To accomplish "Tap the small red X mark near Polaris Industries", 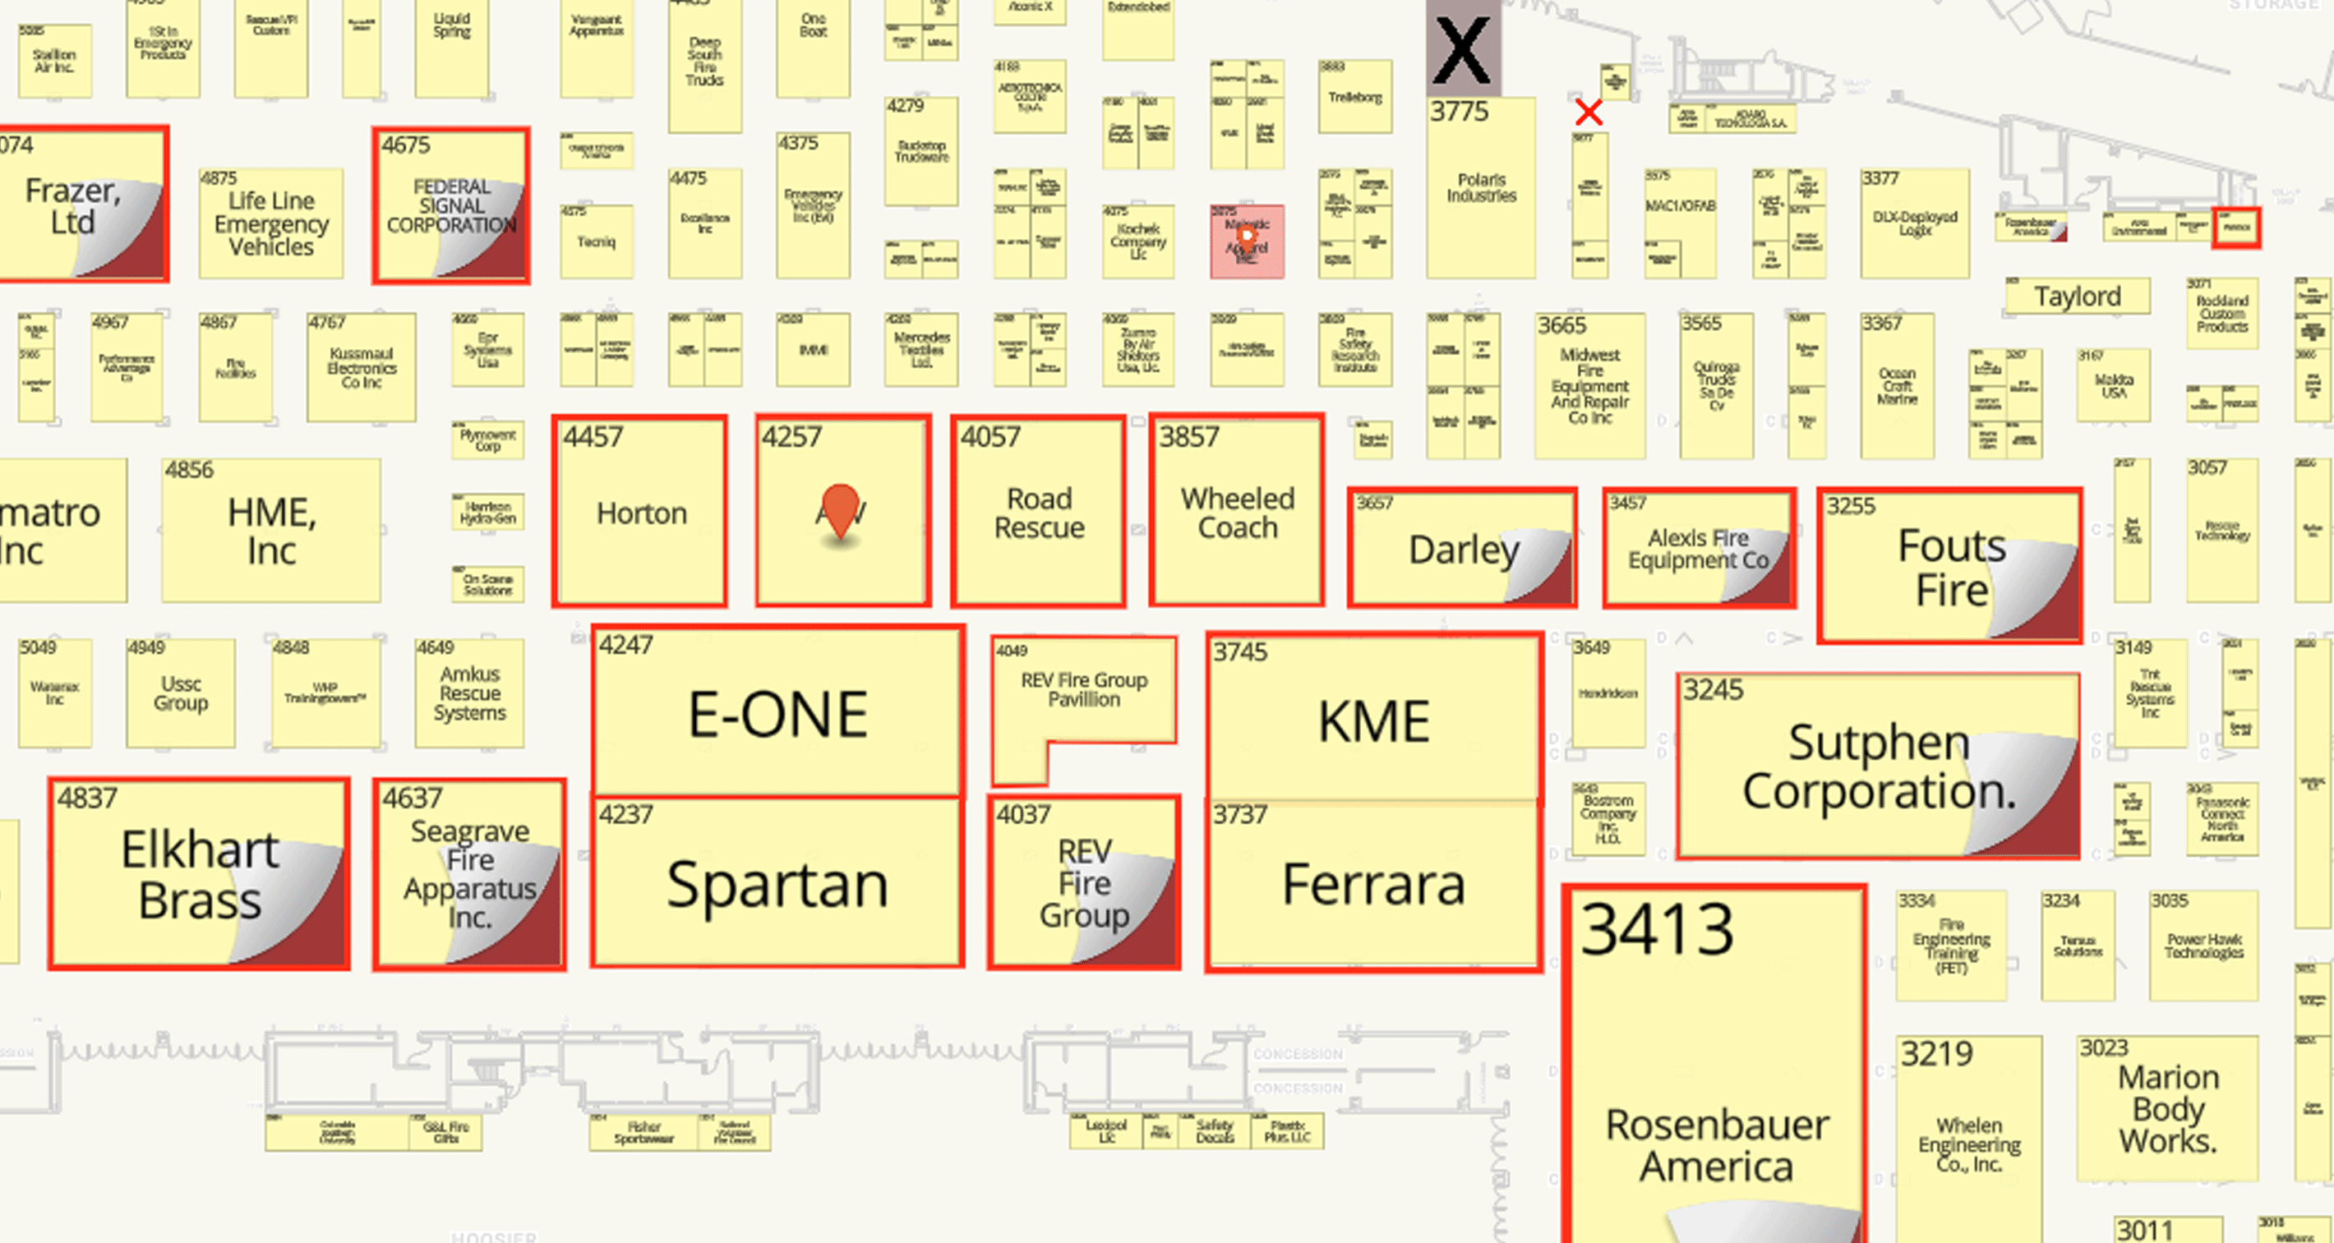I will (x=1589, y=113).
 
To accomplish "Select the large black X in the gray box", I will (x=1462, y=50).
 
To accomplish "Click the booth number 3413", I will (x=1657, y=928).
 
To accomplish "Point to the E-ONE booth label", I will (x=777, y=714).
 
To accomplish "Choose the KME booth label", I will (x=1373, y=722).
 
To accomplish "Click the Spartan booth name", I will (x=777, y=884).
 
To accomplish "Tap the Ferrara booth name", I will (x=1373, y=884).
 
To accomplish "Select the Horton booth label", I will (x=642, y=513).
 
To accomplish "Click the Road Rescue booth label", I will (x=1040, y=513).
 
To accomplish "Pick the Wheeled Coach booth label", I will (x=1238, y=513).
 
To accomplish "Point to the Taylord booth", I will (x=2077, y=297).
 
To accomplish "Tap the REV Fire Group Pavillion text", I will (x=1084, y=689).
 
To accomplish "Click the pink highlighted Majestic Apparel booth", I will (x=1247, y=241).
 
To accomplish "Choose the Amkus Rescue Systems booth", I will (x=469, y=693).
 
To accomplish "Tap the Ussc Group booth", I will (x=180, y=693).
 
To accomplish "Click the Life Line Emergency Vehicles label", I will (x=271, y=223).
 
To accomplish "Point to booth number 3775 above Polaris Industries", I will (x=1459, y=112).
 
